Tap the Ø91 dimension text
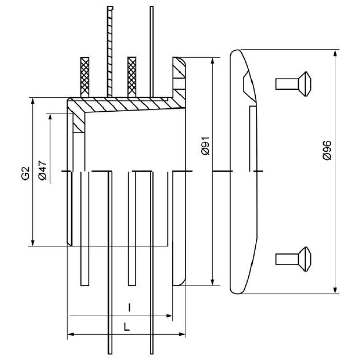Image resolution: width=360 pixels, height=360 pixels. [205, 147]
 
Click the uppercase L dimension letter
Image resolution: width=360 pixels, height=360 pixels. [127, 326]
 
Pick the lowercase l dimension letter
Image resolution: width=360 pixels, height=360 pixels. [130, 308]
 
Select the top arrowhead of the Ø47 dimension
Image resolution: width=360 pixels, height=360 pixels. [50, 116]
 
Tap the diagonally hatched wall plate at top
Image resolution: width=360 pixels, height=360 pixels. [109, 51]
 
